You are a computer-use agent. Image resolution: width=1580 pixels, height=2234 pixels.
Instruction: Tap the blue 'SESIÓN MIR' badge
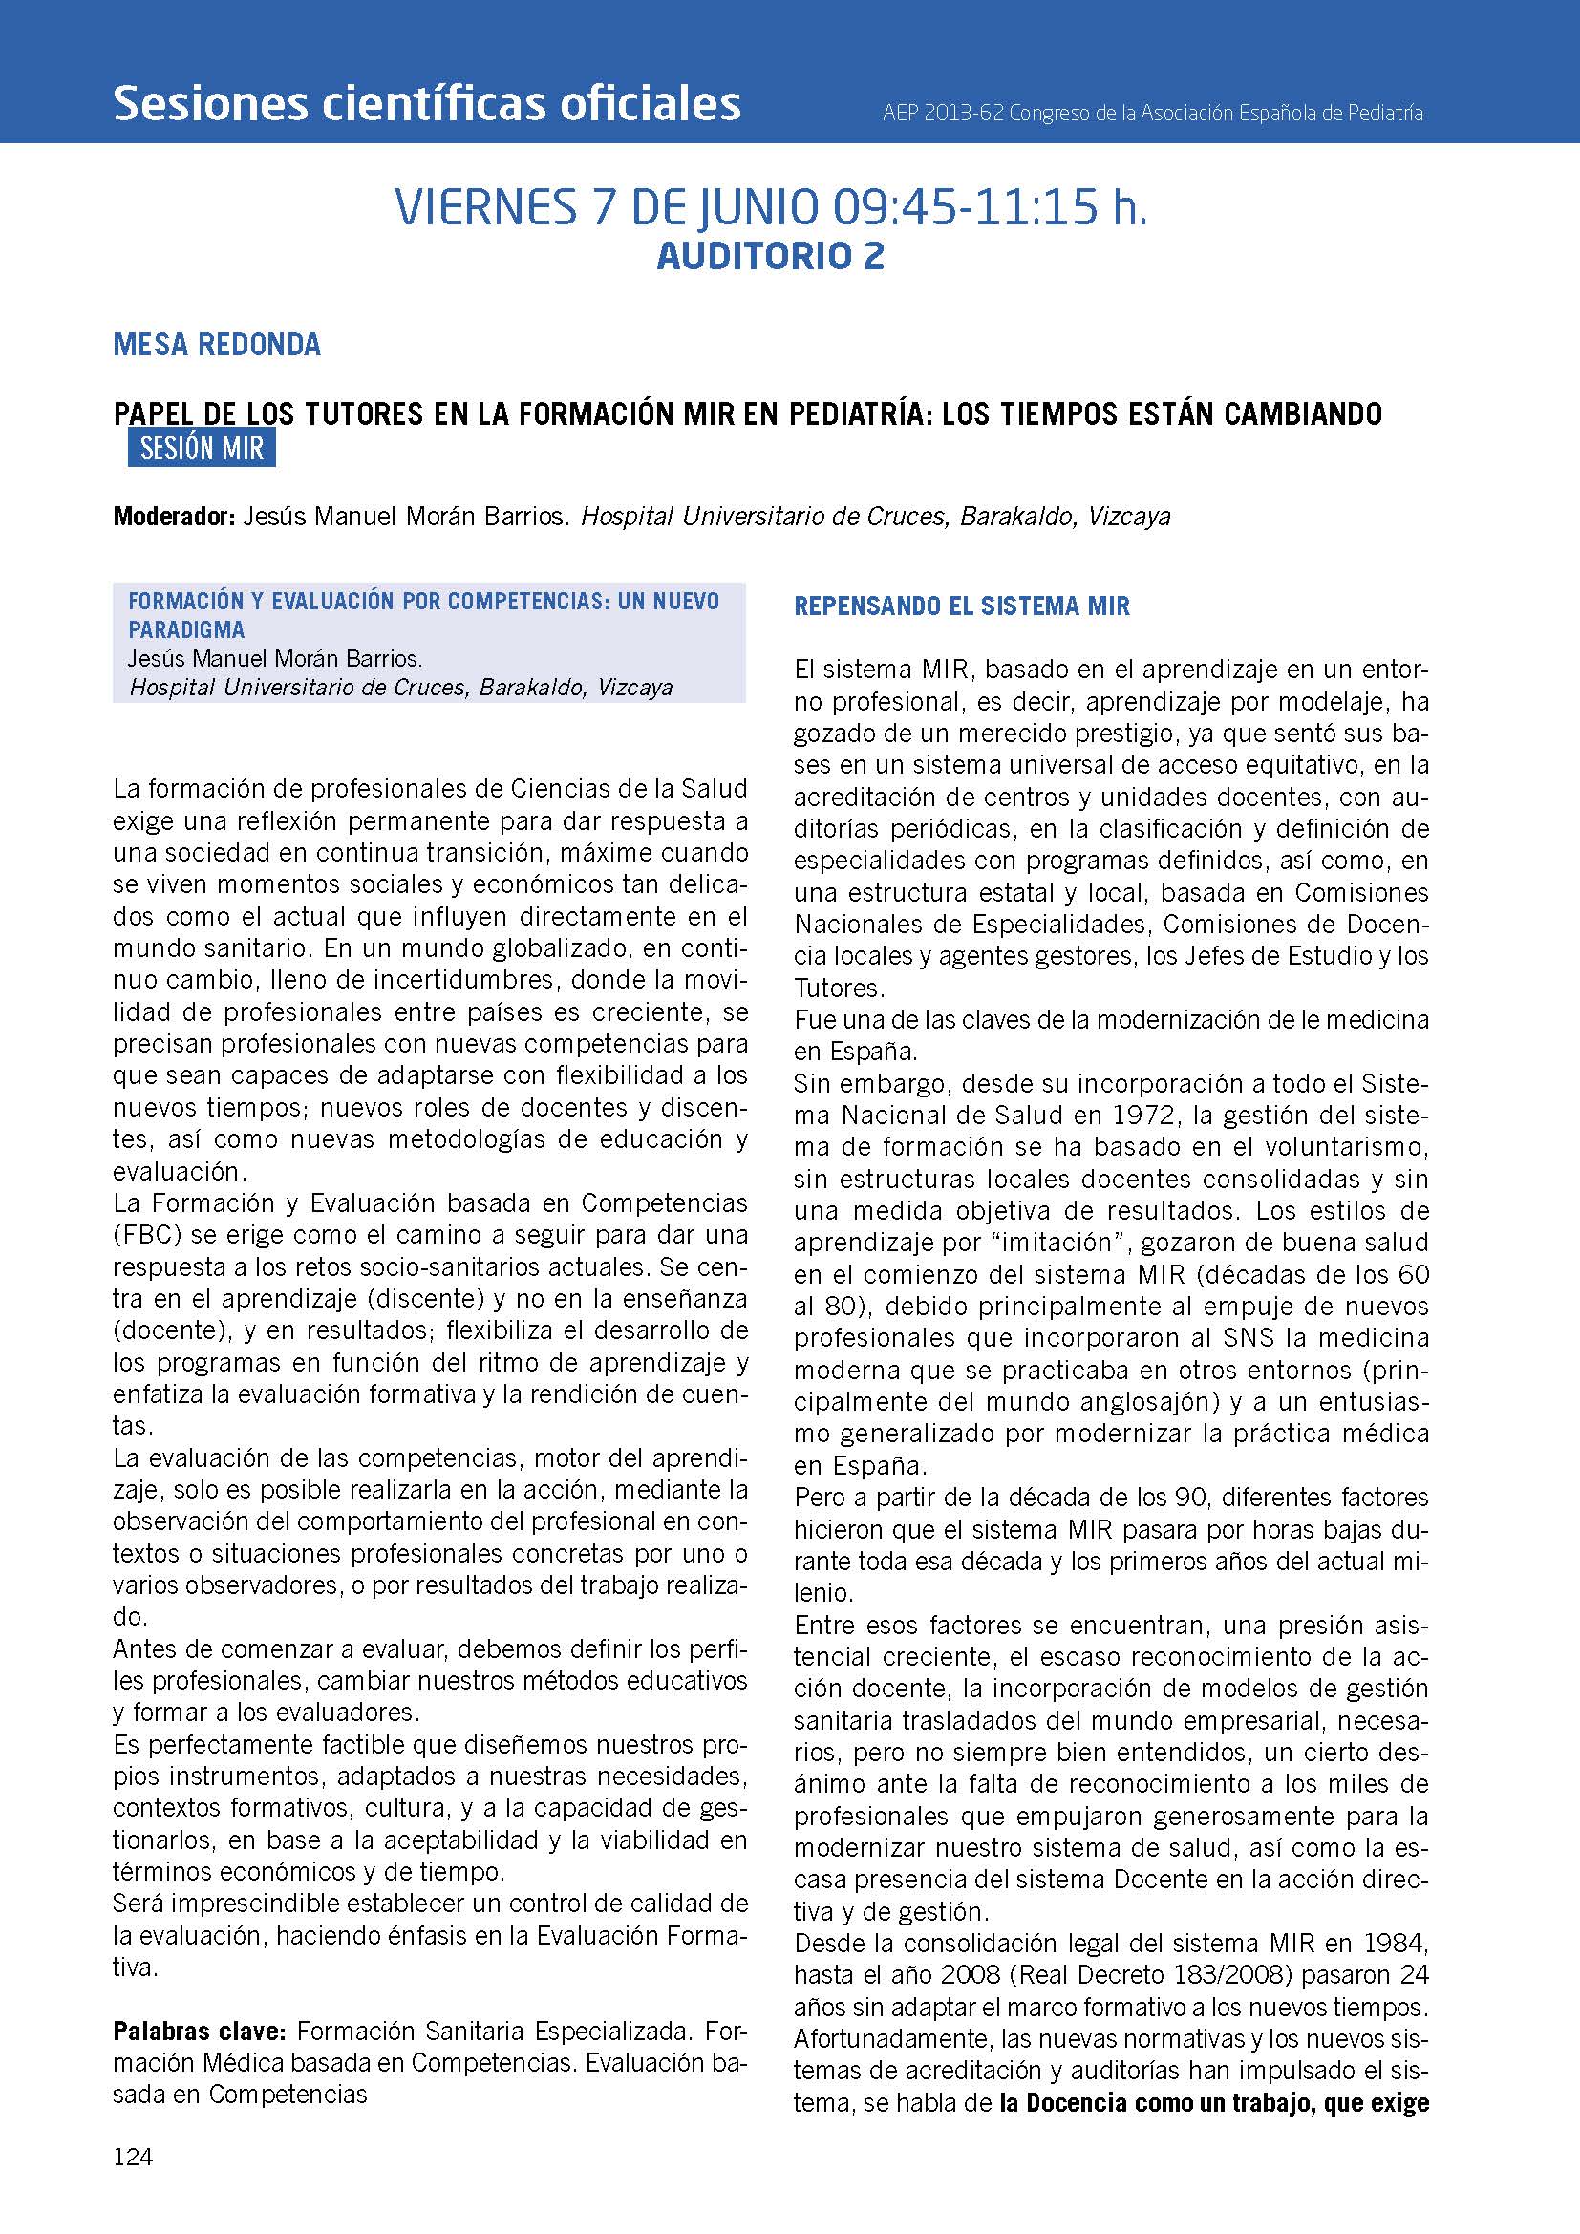pos(202,449)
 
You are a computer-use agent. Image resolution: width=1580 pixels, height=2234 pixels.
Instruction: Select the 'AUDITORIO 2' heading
pos(771,256)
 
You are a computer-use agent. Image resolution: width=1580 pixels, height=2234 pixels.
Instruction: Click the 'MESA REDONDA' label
pos(217,345)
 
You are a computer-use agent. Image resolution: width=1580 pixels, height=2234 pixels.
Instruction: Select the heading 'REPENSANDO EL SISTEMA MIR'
pos(961,606)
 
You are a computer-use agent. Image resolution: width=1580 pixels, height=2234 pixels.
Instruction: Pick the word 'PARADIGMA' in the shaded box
pos(186,629)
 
